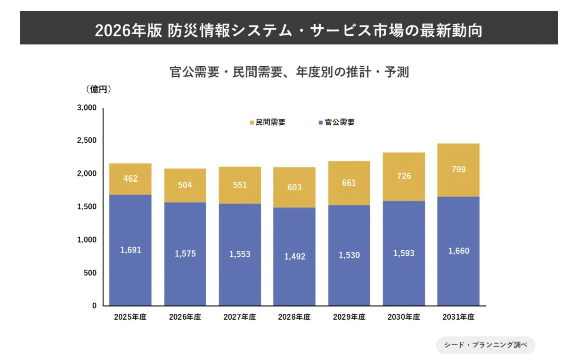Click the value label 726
pos(404,176)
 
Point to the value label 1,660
pos(459,251)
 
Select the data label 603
pos(294,187)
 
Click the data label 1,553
pos(240,254)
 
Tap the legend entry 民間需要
pos(267,122)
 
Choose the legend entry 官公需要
pos(336,122)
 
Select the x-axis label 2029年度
pos(349,317)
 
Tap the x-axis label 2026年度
pos(185,317)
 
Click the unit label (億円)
pos(98,89)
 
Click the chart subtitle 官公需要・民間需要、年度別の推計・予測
pos(289,72)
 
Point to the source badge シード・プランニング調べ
pos(485,345)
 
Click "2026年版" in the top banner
pos(128,31)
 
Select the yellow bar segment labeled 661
pos(349,183)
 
